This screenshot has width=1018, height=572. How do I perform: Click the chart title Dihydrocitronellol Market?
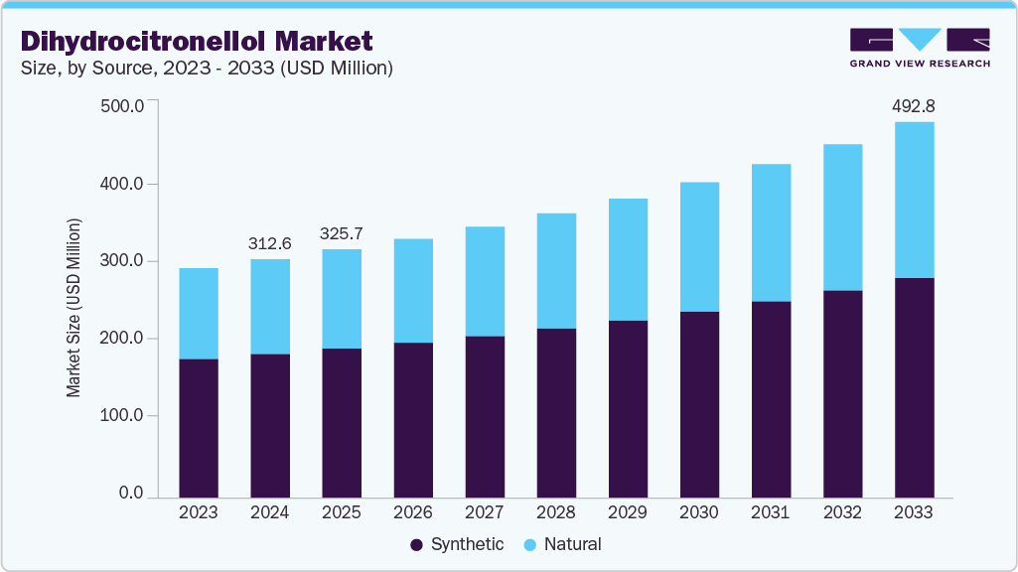point(197,41)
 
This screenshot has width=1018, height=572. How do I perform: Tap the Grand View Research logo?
point(920,47)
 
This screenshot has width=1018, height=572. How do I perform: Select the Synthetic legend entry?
point(457,544)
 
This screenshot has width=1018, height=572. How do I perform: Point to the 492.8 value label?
point(914,105)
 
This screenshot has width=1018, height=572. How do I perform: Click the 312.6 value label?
point(270,243)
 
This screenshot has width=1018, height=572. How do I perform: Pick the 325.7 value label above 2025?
point(342,233)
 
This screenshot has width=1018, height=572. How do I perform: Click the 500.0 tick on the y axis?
point(123,106)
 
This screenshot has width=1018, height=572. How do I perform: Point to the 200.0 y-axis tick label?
point(123,339)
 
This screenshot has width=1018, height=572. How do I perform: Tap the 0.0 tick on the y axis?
point(132,494)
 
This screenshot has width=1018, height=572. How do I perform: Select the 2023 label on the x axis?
point(199,512)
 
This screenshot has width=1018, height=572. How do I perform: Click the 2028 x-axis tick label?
point(556,512)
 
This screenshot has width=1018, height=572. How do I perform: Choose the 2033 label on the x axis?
point(914,512)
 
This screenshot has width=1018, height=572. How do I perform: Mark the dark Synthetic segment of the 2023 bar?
point(199,427)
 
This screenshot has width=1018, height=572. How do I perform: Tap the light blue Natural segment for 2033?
point(914,200)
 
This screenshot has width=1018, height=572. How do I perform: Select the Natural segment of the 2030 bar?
point(699,247)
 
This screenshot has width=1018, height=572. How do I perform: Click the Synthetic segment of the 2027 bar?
point(485,416)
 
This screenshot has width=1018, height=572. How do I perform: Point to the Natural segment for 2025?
point(342,299)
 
